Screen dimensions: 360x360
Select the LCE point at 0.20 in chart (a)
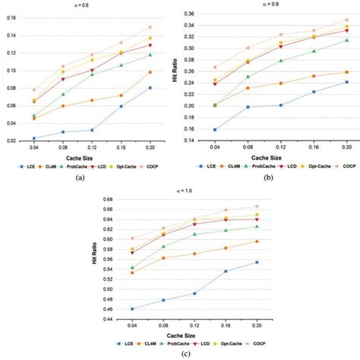(150, 88)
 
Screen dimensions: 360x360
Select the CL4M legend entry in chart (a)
(52, 164)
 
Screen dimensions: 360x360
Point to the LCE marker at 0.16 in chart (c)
(226, 271)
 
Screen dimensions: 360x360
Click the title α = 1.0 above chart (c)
(180, 190)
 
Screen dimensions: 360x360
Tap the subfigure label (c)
(180, 355)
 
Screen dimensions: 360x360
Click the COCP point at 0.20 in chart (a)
(150, 27)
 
